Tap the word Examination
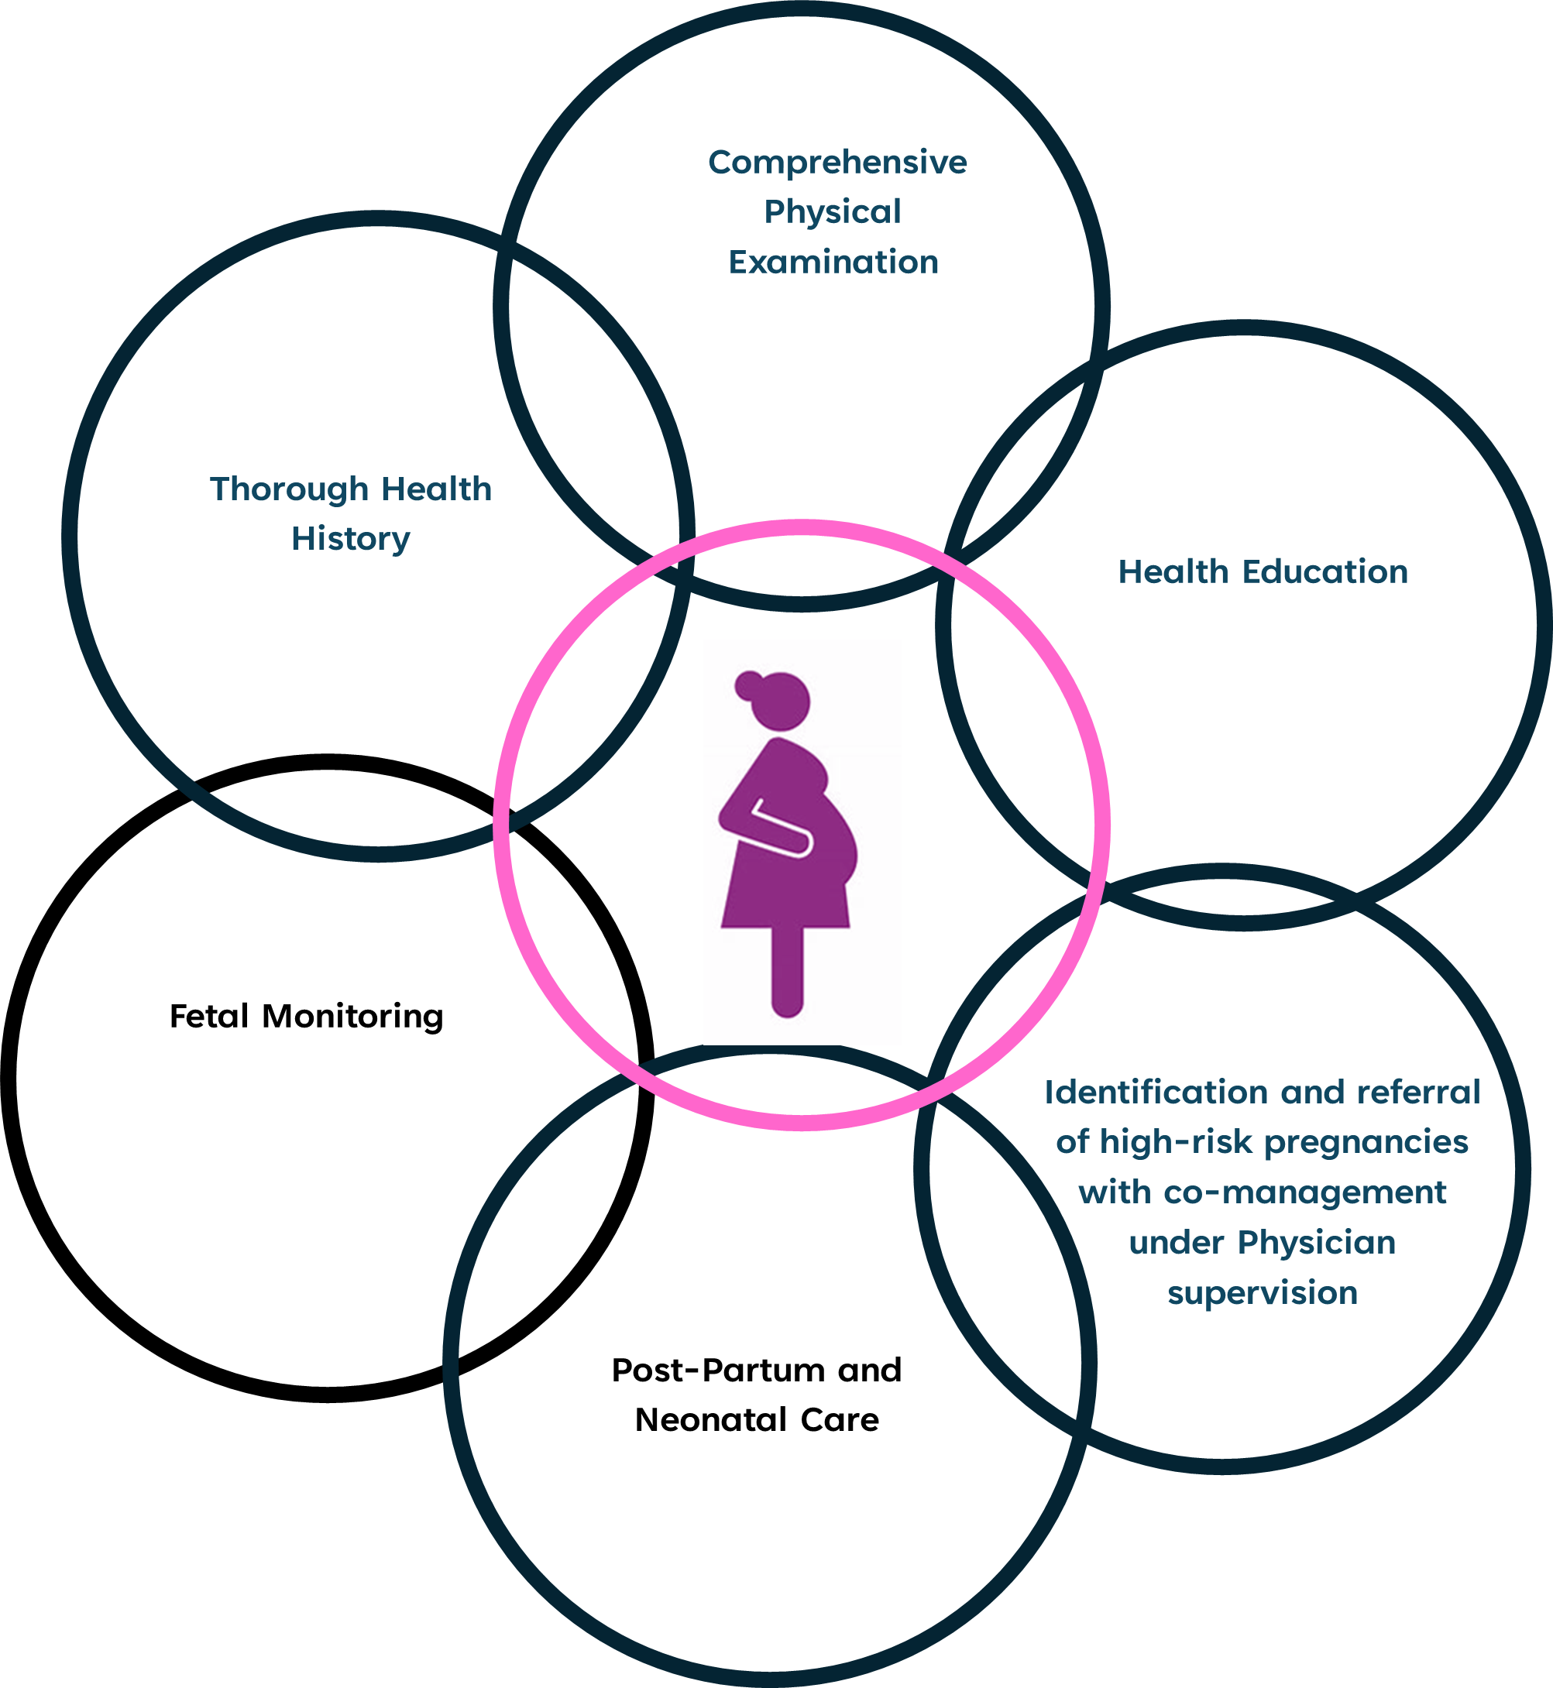pos(833,263)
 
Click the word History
pos(350,540)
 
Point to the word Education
pos(1325,572)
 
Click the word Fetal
pos(209,1017)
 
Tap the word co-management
pos(1304,1193)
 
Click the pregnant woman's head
pos(782,701)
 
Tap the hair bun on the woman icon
pos(747,685)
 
